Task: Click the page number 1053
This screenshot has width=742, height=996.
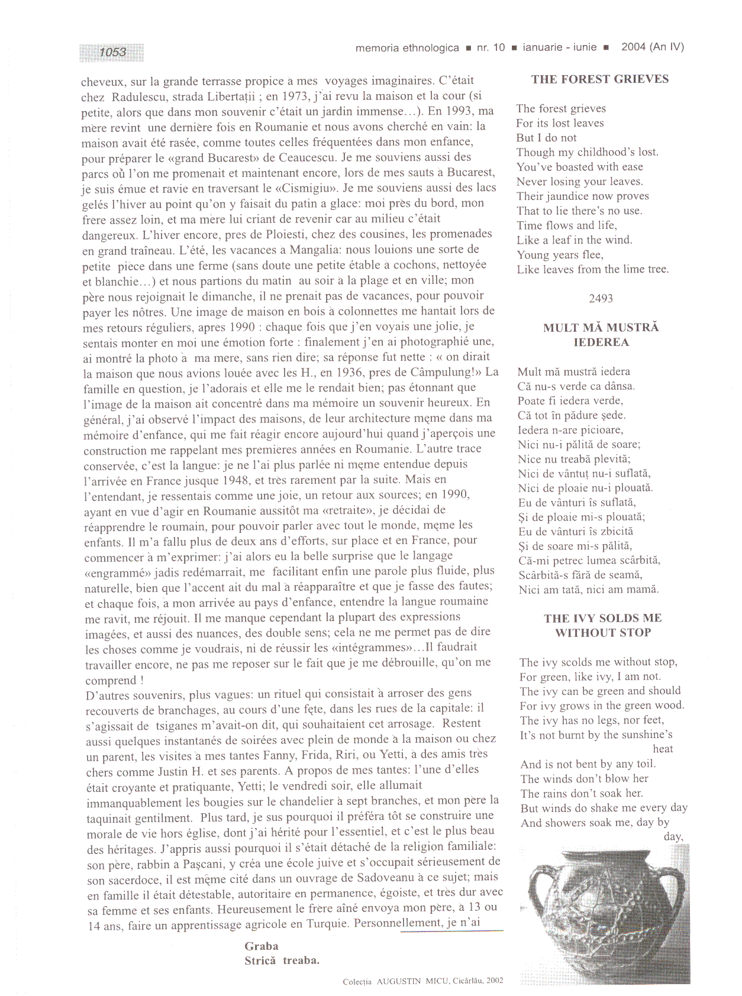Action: [x=112, y=52]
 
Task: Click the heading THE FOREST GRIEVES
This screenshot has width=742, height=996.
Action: [x=599, y=79]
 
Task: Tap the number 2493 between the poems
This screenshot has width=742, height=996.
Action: [x=601, y=299]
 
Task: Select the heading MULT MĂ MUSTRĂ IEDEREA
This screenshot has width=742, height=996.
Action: [x=601, y=335]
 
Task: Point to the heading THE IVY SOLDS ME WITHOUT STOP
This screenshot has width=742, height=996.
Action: [x=602, y=625]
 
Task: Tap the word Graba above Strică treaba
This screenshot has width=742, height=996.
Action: [x=261, y=946]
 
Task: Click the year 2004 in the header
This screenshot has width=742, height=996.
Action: [x=633, y=47]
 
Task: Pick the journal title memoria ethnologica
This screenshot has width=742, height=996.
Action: [x=407, y=48]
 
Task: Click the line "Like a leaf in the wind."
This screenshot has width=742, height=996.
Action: [x=575, y=240]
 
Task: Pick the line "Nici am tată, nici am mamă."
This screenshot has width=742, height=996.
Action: [x=588, y=590]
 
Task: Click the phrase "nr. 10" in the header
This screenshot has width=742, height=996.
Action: [x=491, y=48]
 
